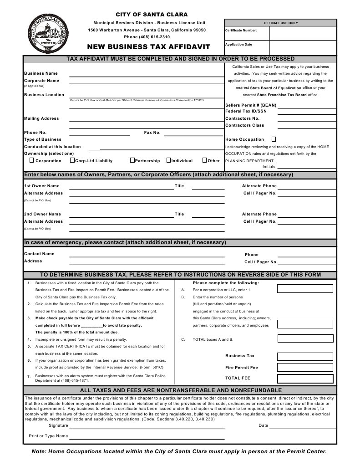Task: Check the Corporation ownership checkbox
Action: coord(31,160)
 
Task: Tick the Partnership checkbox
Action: coord(132,160)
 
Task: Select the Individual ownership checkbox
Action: coord(168,160)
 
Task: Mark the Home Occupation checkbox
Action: coord(274,139)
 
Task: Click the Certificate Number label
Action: coord(241,31)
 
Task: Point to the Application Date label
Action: coord(238,45)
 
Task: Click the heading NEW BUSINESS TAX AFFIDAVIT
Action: coord(149,47)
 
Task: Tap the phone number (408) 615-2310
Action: coord(147,36)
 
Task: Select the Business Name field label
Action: coord(41,73)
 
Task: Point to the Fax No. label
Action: coord(152,133)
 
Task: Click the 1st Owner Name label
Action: coord(41,186)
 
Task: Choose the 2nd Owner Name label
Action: coord(42,214)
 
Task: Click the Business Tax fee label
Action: coord(240,356)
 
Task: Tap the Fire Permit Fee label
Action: coord(241,367)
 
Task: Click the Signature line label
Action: coord(58,425)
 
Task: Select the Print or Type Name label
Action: coord(48,436)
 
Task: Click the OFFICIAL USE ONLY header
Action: coord(280,23)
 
